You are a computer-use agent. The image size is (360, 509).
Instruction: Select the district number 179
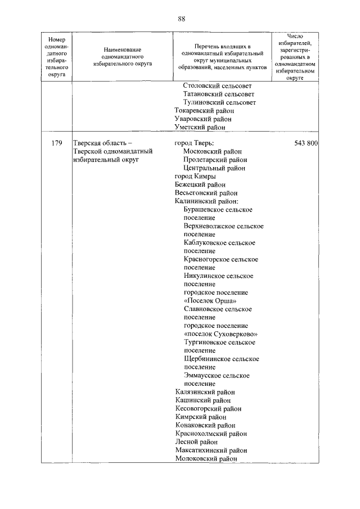tap(56, 143)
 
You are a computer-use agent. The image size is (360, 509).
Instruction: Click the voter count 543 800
tap(306, 143)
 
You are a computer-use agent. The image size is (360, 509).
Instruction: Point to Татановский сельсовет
tap(218, 94)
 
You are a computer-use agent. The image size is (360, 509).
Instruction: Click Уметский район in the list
tap(200, 127)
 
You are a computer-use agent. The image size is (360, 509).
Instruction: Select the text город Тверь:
tap(194, 143)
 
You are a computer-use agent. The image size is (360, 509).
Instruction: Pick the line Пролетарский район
tap(215, 160)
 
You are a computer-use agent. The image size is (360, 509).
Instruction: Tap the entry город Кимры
tap(195, 176)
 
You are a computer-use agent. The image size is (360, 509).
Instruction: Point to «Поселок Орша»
tap(210, 300)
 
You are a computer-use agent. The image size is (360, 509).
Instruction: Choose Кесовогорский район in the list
tap(208, 409)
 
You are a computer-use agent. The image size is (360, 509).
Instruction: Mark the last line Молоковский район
tap(206, 459)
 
